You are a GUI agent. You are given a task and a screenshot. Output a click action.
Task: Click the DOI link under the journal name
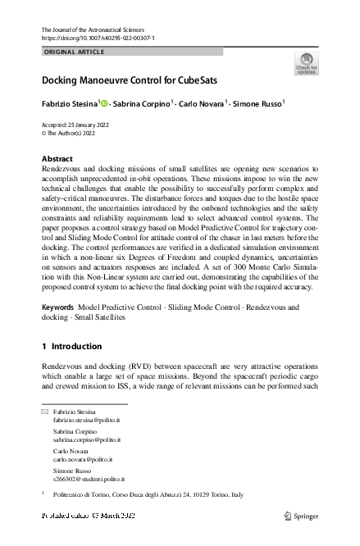(98, 39)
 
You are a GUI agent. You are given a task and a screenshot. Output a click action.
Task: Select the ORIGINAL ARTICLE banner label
(74, 52)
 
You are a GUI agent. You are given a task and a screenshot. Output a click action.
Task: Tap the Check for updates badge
(306, 64)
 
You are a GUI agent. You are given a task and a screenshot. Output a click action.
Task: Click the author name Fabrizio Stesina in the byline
(69, 105)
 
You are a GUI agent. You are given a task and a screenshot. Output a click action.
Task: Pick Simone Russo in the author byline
(257, 105)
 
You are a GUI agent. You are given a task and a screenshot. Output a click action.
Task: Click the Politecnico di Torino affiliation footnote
(148, 495)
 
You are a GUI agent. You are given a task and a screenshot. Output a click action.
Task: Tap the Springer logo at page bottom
(301, 516)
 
